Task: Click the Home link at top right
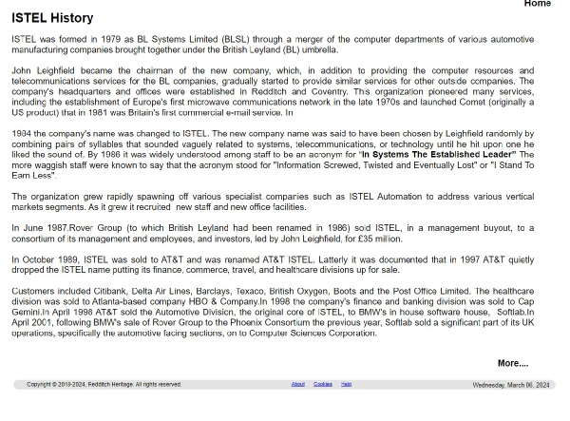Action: (537, 5)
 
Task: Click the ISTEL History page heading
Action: (52, 18)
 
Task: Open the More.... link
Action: (512, 363)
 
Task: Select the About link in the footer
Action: (297, 384)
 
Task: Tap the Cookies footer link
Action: (323, 384)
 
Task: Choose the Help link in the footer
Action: (346, 384)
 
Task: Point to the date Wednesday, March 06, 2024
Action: (510, 385)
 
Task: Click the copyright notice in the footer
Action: (104, 384)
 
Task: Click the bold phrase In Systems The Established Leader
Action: (438, 154)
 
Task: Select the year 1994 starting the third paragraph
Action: (22, 133)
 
